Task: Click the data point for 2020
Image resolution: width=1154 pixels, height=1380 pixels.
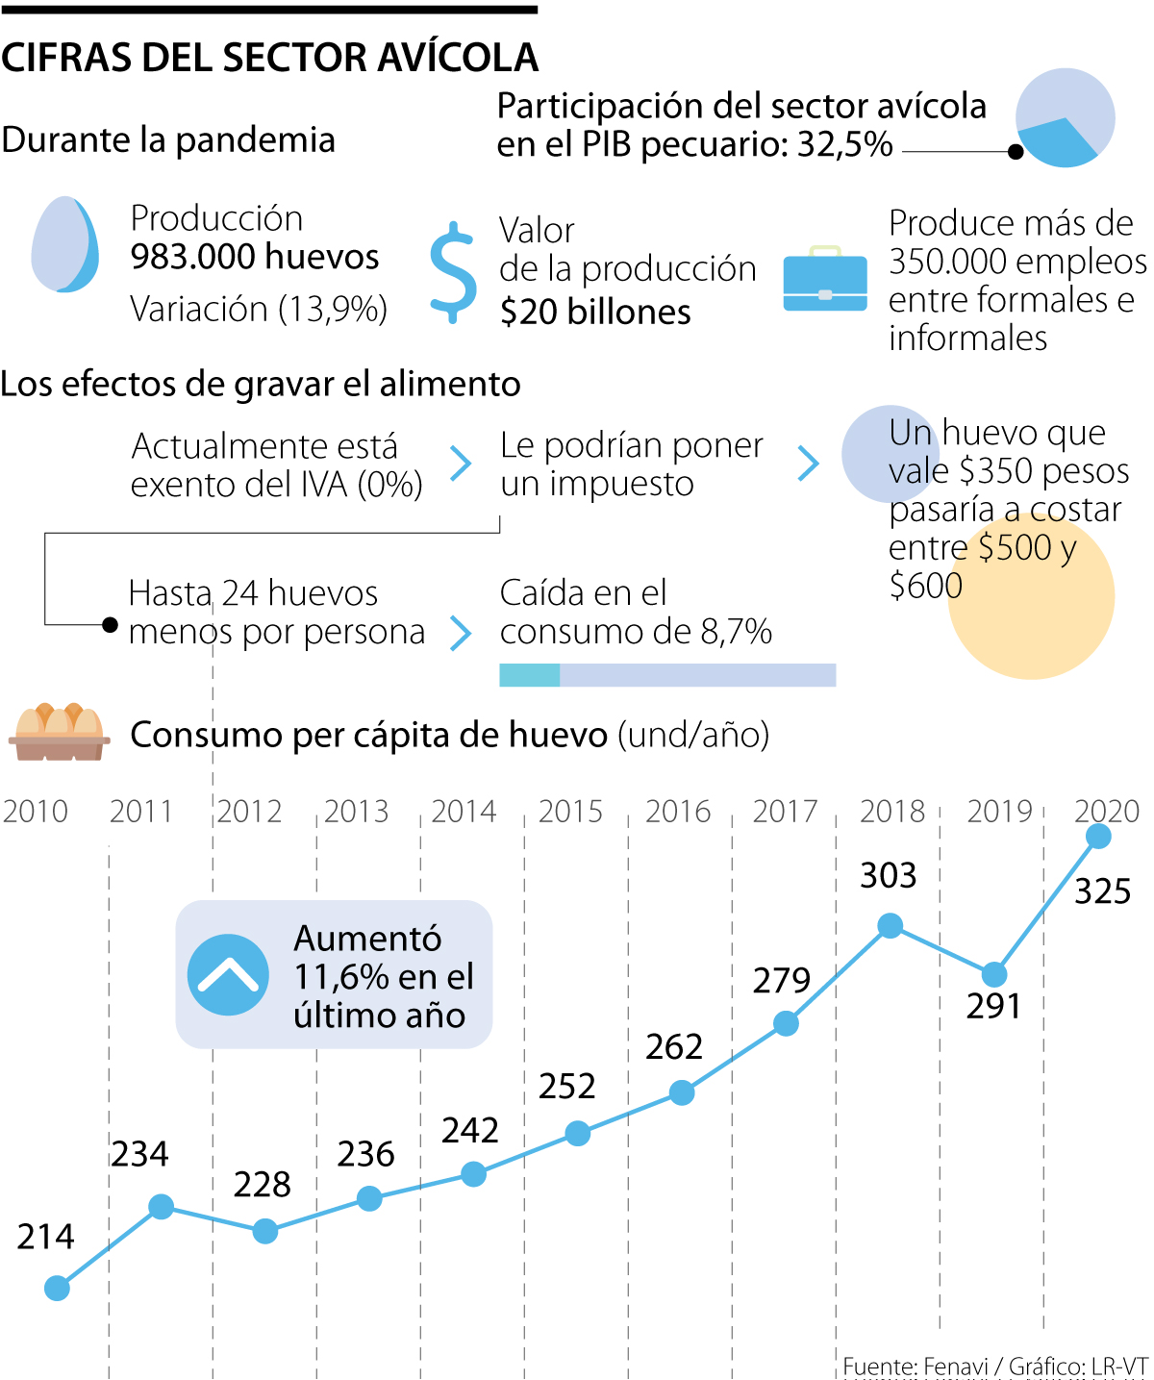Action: point(1098,837)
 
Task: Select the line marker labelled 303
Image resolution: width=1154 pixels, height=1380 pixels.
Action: point(891,926)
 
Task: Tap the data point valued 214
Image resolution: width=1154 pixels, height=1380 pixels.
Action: point(58,1289)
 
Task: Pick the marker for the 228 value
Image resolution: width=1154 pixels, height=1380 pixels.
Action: point(265,1231)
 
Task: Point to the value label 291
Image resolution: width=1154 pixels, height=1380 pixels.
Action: point(993,1006)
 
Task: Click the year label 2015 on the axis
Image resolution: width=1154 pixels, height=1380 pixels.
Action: point(570,812)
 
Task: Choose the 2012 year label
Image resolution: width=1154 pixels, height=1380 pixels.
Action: point(249,812)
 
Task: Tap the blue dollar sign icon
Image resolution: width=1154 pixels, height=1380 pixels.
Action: point(453,272)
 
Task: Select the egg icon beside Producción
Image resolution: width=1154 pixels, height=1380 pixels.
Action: point(64,244)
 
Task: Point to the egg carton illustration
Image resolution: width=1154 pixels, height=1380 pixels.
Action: point(60,733)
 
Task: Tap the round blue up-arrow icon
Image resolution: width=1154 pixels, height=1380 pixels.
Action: point(229,974)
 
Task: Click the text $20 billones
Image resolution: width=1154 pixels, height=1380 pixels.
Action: point(595,313)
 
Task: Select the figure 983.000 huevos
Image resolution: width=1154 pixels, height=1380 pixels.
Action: point(255,257)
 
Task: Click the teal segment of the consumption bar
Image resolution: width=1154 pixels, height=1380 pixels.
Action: point(529,675)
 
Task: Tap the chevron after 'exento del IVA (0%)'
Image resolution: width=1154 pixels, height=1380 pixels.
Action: point(462,464)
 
